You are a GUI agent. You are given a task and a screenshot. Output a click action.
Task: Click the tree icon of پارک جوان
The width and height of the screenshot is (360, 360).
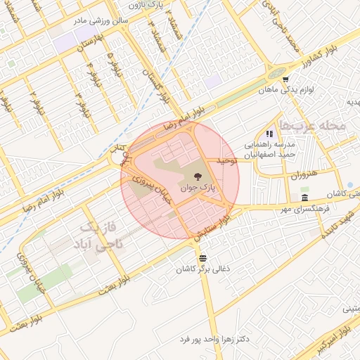pos(196,176)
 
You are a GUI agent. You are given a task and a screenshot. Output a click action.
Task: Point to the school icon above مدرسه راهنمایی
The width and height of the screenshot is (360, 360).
pos(269,134)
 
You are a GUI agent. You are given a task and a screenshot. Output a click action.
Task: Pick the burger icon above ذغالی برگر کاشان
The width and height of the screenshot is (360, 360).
pos(202,257)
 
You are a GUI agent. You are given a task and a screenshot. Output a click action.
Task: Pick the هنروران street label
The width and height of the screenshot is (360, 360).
pos(304,173)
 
